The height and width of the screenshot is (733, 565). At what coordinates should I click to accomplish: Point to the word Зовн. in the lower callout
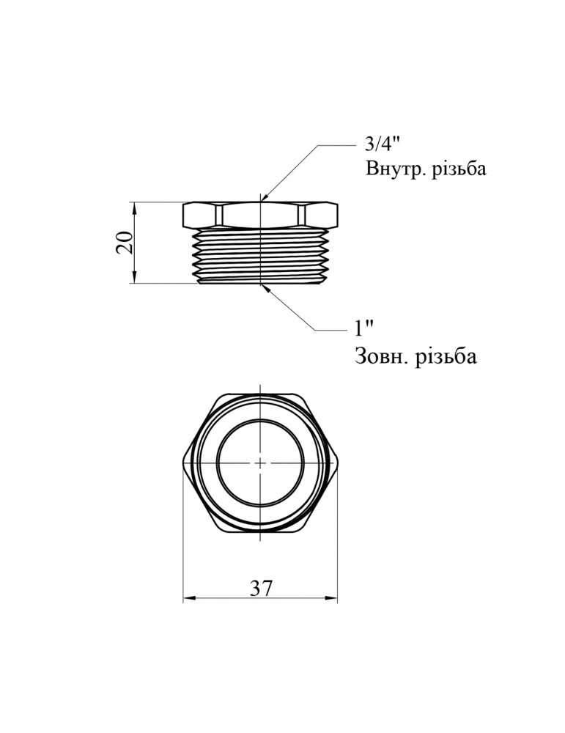[380, 357]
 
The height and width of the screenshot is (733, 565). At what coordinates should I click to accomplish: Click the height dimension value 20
[125, 242]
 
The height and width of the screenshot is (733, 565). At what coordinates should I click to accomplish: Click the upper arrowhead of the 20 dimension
[135, 206]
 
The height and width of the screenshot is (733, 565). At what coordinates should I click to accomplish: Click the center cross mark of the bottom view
[261, 463]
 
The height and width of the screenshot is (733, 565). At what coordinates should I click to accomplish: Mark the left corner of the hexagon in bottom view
[183, 463]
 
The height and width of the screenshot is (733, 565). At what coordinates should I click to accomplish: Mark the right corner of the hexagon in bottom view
[338, 463]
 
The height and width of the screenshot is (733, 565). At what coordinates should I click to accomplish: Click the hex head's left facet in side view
[201, 215]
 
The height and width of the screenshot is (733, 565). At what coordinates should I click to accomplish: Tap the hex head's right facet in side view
[320, 215]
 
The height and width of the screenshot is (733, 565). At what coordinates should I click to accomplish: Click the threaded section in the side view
[261, 257]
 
